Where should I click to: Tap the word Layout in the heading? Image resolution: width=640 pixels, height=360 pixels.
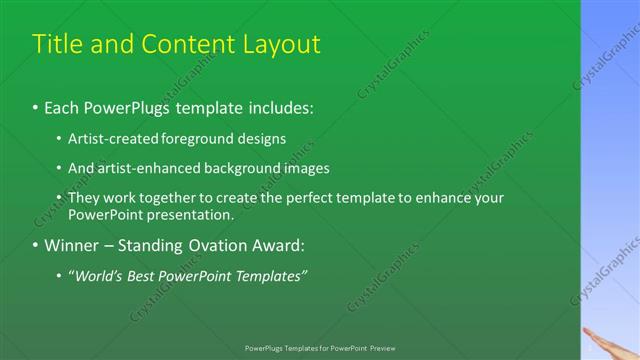(283, 45)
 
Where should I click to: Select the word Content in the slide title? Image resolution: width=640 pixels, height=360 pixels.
(187, 45)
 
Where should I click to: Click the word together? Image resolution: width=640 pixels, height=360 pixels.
(168, 199)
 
